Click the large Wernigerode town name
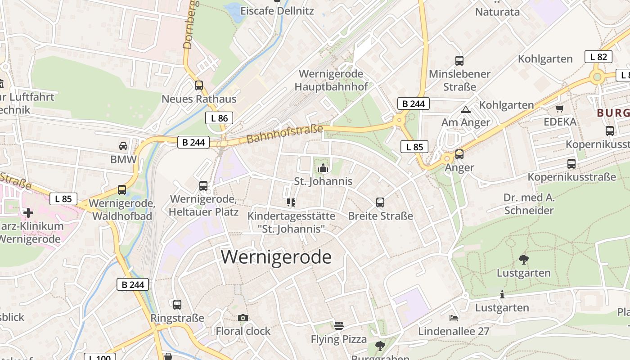click(276, 257)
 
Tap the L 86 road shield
click(219, 118)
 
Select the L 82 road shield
click(598, 57)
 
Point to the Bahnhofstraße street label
click(285, 134)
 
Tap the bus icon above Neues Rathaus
click(199, 85)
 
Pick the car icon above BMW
click(123, 146)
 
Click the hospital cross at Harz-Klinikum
click(28, 212)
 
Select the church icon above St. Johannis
click(323, 168)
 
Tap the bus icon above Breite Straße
click(380, 202)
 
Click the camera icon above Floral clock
click(243, 318)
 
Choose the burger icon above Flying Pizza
click(339, 326)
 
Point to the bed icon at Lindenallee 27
click(454, 318)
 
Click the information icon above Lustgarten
click(502, 295)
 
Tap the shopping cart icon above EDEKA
click(560, 108)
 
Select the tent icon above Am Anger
click(466, 109)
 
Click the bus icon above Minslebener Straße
click(459, 60)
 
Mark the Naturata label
click(497, 12)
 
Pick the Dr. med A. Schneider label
click(529, 204)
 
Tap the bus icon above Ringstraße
click(177, 305)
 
